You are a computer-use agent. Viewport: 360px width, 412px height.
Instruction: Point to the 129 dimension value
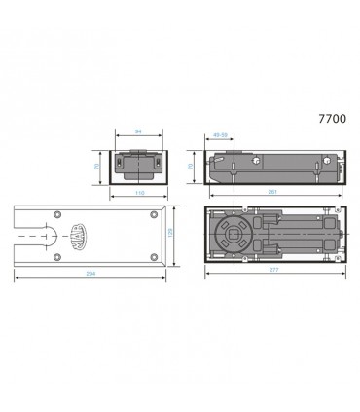tap(169, 237)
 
